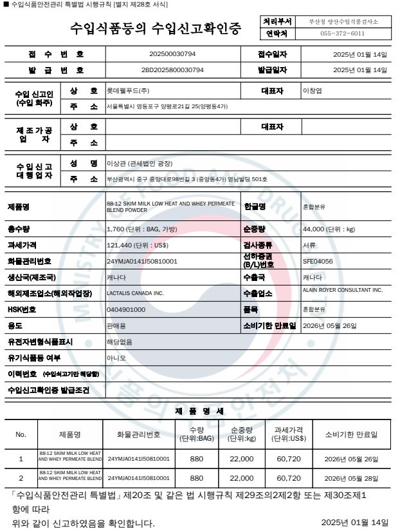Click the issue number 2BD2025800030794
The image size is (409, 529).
[172, 70]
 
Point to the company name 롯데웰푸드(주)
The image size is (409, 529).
[128, 91]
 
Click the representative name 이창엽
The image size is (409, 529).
[313, 91]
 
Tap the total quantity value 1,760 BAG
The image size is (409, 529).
[141, 229]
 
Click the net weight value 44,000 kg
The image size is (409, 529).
[329, 229]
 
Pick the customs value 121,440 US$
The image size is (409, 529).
[138, 245]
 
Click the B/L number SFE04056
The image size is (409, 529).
[318, 261]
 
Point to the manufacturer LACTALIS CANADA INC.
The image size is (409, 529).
[135, 293]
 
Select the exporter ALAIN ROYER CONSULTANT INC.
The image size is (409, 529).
[343, 291]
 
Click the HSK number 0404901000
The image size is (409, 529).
[126, 309]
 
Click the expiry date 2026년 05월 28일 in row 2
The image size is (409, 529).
[350, 478]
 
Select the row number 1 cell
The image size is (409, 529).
[21, 459]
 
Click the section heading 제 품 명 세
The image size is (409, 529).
[199, 410]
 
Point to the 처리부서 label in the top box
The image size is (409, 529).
[278, 22]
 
